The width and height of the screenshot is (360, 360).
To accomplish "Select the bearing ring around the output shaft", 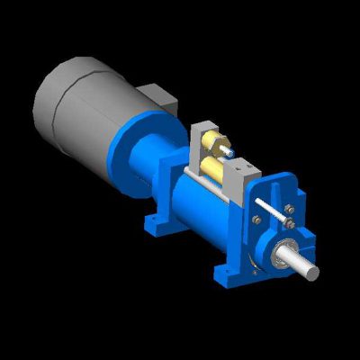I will pyautogui.click(x=281, y=255).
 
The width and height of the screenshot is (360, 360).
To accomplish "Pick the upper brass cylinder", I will pyautogui.click(x=217, y=144).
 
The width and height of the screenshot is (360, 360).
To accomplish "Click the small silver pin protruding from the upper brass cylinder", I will pyautogui.click(x=232, y=152).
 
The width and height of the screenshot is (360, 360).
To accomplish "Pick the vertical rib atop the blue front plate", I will pyautogui.click(x=275, y=184).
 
